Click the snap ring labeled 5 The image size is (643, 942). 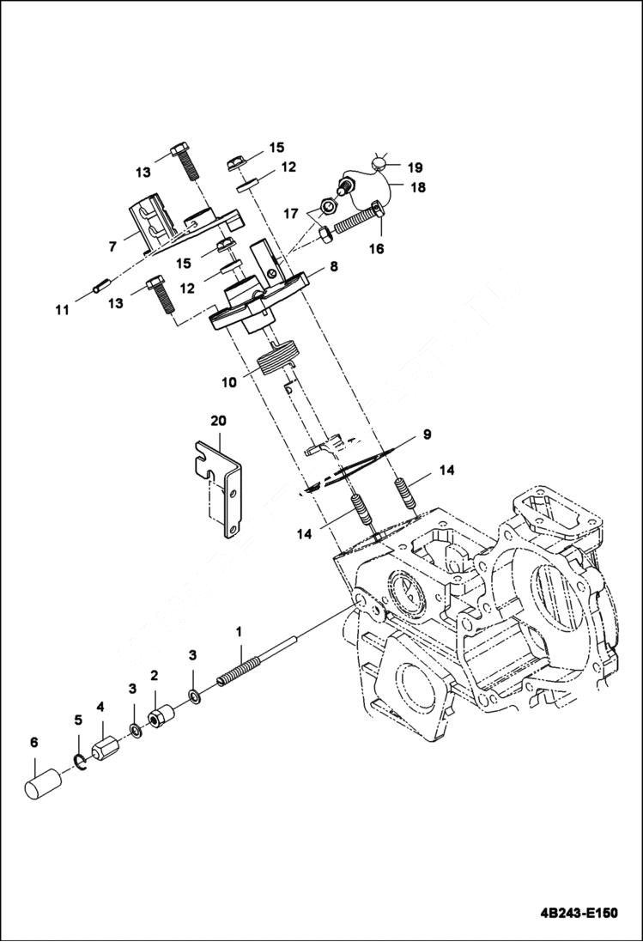[x=80, y=756]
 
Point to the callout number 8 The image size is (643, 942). [x=333, y=266]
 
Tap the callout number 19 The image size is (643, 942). [x=415, y=167]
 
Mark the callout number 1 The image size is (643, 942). [x=241, y=630]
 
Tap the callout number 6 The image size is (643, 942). [x=34, y=743]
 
